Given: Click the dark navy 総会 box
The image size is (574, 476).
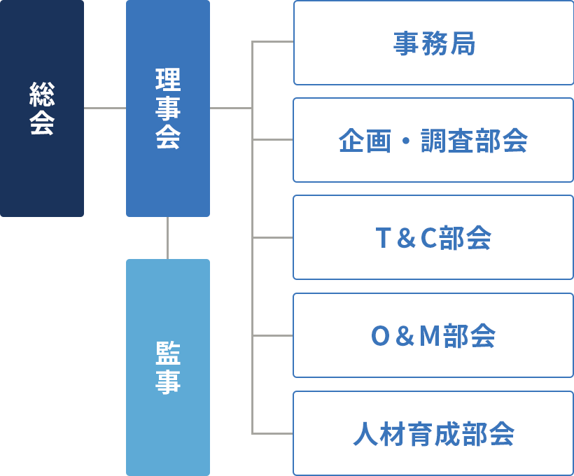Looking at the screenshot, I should tap(42, 108).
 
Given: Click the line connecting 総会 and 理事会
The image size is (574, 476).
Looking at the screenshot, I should tap(105, 108).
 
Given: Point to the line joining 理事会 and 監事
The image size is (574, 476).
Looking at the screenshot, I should tap(168, 238).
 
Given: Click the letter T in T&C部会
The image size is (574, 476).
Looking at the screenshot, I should tap(383, 239).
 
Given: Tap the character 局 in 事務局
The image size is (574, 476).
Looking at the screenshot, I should tap(462, 43).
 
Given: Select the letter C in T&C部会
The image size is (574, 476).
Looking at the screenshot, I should tap(428, 239).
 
